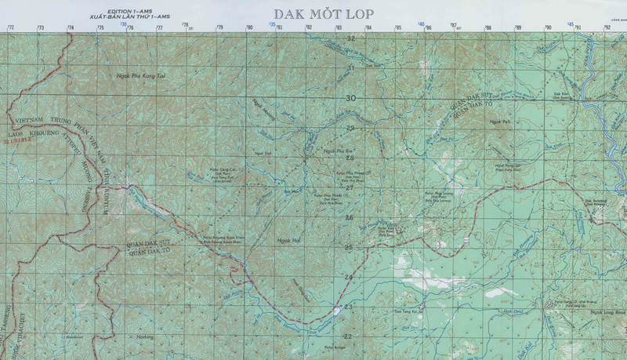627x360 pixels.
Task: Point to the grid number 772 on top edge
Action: coord(10,27)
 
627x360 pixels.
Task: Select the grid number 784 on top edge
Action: coord(368,27)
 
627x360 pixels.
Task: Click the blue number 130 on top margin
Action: coord(124,24)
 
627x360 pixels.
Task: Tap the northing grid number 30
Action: coord(350,98)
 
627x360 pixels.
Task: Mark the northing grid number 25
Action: coord(349,247)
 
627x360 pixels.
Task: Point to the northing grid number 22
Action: coord(348,336)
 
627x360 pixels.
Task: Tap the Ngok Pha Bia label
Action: coord(335,151)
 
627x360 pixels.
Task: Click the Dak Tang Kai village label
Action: coord(408,311)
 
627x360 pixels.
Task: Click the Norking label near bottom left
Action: coord(145,336)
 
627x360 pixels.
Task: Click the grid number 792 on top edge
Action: coord(607,27)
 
